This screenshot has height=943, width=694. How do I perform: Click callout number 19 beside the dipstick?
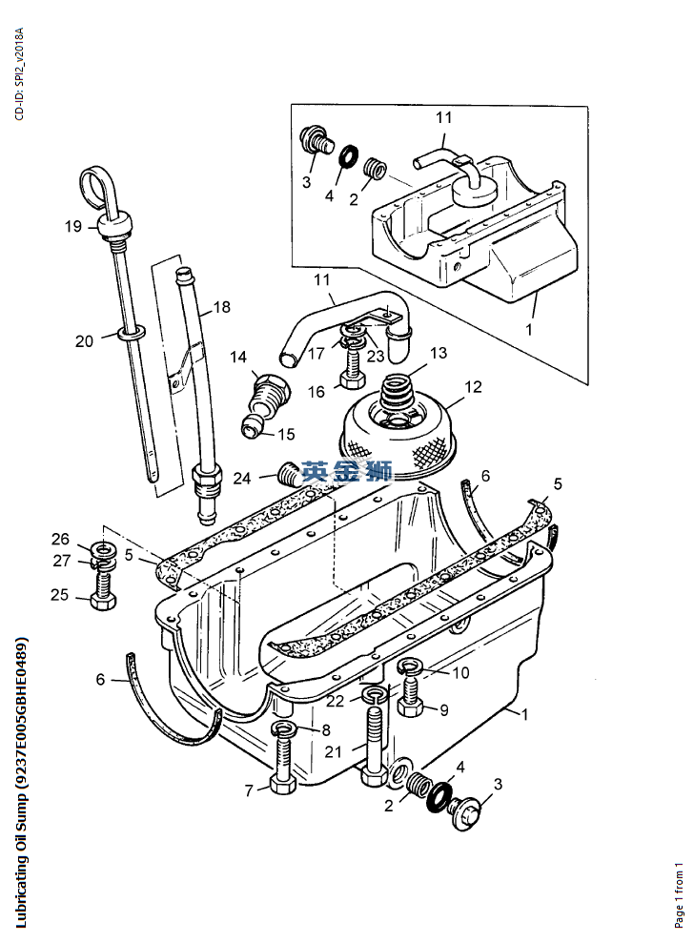[x=73, y=226]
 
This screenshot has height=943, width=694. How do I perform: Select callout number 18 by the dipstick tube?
[x=221, y=307]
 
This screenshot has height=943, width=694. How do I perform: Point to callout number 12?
[x=473, y=387]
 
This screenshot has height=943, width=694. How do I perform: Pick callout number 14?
[x=238, y=357]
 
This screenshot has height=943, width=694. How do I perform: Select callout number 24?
[x=243, y=478]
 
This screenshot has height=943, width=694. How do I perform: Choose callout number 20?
[x=85, y=340]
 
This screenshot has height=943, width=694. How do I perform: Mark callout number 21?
[x=333, y=751]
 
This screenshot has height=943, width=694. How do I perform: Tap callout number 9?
[x=443, y=709]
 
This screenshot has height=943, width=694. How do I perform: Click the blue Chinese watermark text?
[x=347, y=470]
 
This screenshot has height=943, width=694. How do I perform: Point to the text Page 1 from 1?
[x=680, y=895]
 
